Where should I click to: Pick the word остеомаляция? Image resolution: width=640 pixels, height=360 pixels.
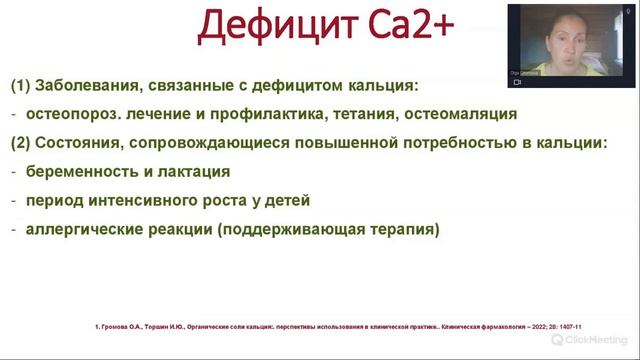(x=463, y=113)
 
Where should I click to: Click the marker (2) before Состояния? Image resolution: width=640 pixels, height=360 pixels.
(x=21, y=142)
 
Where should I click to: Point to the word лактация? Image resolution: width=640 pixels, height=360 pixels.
(x=196, y=171)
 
